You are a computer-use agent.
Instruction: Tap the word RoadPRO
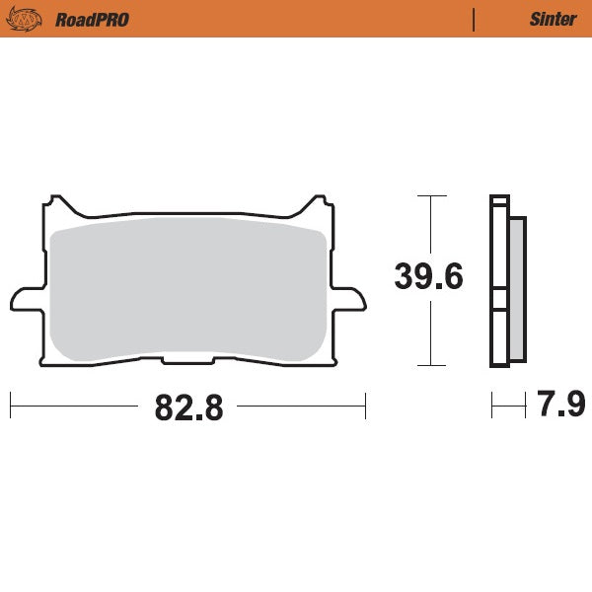92,20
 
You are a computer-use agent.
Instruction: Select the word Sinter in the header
553,20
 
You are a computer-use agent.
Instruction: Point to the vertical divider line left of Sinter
475,20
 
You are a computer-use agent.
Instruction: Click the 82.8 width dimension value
187,407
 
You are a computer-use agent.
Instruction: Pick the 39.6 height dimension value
429,277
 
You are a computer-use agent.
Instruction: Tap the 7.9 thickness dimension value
561,406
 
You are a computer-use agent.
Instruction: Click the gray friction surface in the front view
187,291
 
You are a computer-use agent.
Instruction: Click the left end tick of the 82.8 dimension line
10,406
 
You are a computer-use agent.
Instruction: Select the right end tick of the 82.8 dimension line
365,406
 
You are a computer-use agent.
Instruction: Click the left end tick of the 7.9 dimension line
492,406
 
